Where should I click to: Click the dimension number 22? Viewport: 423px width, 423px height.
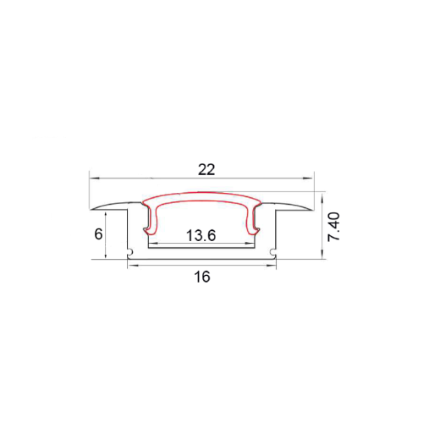click(x=206, y=168)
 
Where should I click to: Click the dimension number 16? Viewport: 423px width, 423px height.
click(x=201, y=277)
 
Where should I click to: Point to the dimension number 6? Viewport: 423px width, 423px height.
click(x=98, y=233)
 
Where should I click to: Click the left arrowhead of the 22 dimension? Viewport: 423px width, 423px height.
click(x=94, y=178)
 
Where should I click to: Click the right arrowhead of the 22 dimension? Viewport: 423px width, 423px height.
click(x=310, y=178)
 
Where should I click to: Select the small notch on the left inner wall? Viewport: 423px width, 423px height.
click(x=132, y=252)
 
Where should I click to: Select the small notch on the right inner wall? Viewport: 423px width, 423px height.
click(x=272, y=252)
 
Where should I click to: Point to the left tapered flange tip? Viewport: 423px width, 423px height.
click(x=92, y=210)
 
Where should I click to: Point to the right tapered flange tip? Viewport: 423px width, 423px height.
click(x=312, y=210)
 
